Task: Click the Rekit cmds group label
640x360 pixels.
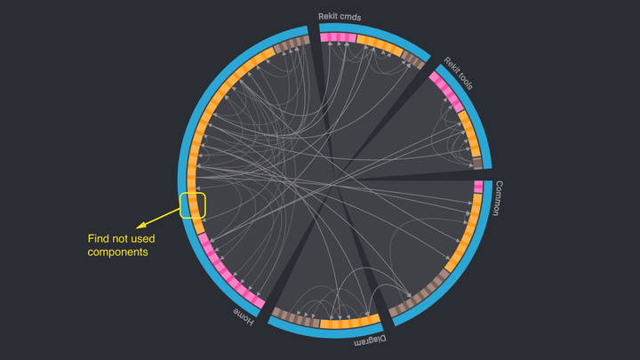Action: click(x=340, y=16)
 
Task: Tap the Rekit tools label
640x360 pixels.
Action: click(x=459, y=74)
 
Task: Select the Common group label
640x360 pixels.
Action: click(x=500, y=198)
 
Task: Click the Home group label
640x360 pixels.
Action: click(x=244, y=316)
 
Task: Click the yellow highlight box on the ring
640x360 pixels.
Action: click(x=193, y=205)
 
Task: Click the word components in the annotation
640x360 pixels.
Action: click(x=117, y=252)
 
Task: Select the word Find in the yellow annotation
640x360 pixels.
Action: click(x=99, y=238)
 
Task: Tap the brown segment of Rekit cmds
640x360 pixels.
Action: click(x=412, y=59)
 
